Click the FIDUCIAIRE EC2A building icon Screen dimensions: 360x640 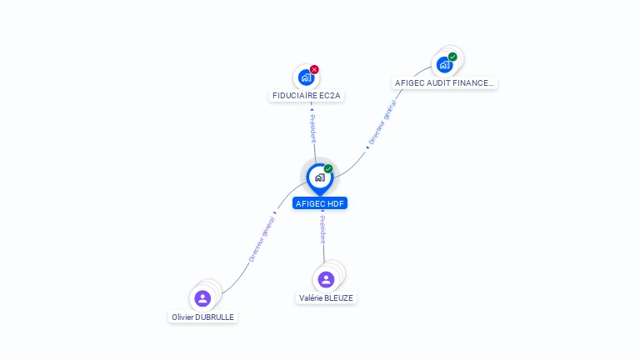[306, 77]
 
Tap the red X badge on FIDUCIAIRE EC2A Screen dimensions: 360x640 [314, 69]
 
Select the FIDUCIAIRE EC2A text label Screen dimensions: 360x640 [307, 96]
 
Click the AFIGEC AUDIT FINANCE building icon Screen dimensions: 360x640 [444, 64]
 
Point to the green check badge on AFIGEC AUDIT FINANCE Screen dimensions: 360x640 [452, 57]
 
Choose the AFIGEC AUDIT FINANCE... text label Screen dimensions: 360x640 [445, 83]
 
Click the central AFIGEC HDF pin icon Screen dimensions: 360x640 [319, 177]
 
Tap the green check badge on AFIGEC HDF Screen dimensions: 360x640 [328, 169]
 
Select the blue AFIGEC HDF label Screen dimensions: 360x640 [320, 203]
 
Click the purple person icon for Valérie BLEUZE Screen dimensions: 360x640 [326, 279]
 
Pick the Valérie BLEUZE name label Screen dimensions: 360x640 [327, 297]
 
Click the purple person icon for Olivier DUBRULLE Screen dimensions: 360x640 [202, 298]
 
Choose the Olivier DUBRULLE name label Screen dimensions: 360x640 [202, 317]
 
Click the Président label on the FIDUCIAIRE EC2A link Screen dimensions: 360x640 [312, 128]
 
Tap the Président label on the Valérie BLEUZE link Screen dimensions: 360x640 [322, 229]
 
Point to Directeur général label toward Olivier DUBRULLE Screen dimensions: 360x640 [262, 240]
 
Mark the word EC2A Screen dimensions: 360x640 [330, 96]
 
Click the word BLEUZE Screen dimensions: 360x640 [340, 297]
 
